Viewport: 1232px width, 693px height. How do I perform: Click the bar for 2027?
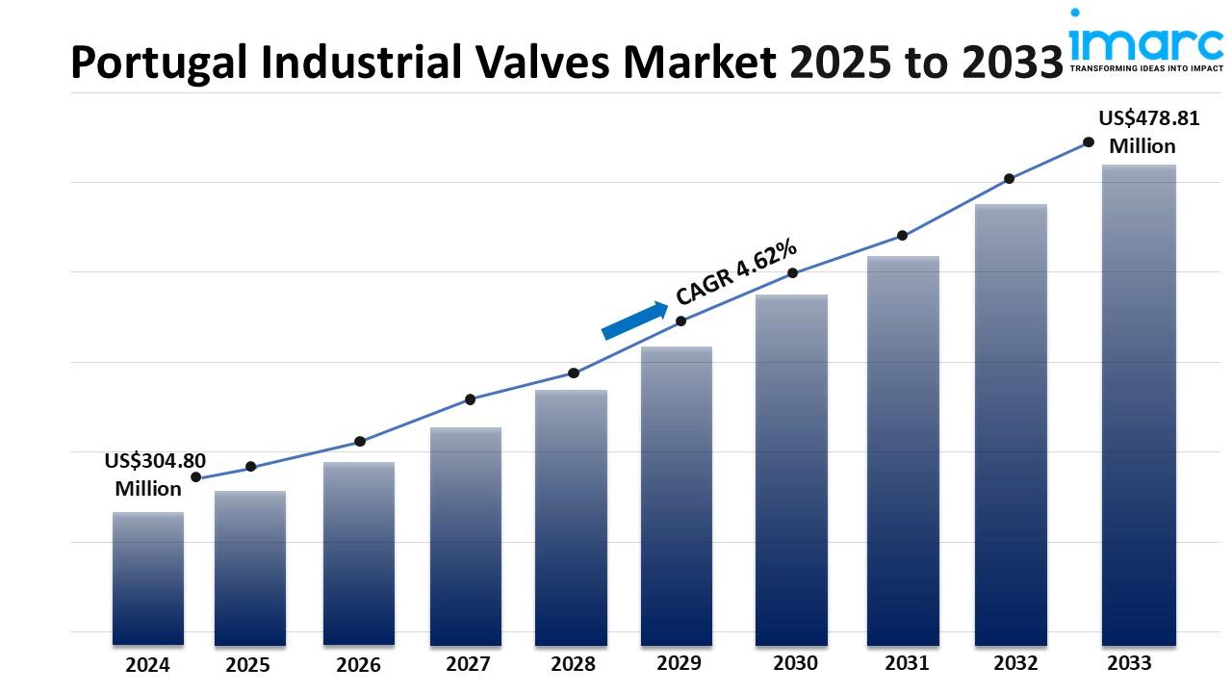click(466, 536)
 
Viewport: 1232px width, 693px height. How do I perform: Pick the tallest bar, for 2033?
click(1139, 404)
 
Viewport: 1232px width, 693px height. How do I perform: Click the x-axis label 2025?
click(248, 664)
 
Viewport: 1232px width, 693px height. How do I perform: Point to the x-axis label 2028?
click(573, 664)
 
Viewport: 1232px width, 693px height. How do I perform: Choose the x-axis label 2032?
click(1015, 663)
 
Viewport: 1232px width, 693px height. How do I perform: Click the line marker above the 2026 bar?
click(360, 442)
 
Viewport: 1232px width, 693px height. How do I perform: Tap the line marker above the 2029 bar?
click(680, 321)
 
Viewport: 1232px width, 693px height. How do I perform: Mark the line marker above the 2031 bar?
click(902, 236)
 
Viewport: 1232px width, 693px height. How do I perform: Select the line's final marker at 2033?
click(1089, 142)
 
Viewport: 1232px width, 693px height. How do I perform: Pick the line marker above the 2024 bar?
click(196, 477)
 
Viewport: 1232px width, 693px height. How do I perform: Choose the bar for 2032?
click(1011, 423)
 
